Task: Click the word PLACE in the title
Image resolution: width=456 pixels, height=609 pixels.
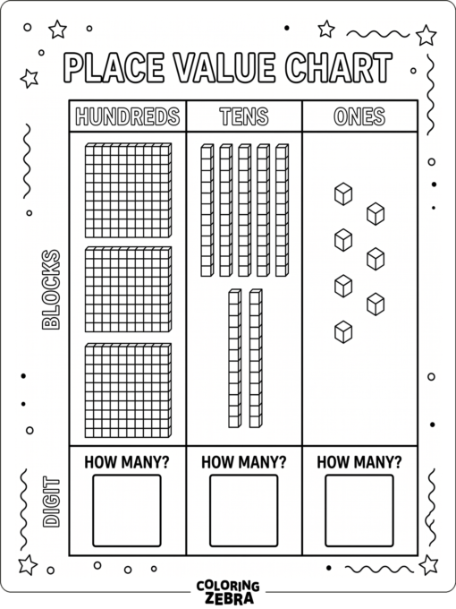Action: click(114, 67)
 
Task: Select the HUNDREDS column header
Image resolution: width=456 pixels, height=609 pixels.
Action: click(128, 116)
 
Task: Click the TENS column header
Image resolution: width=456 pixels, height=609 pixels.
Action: click(244, 116)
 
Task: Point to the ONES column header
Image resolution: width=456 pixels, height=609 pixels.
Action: click(359, 116)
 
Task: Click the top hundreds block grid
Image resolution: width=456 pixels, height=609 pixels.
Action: click(128, 190)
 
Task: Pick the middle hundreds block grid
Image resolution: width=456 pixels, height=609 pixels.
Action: click(128, 289)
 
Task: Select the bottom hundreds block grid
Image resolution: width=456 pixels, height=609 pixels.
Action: click(128, 390)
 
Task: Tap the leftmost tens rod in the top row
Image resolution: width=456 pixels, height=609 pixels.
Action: click(207, 210)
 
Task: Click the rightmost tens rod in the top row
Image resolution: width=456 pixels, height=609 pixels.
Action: click(282, 210)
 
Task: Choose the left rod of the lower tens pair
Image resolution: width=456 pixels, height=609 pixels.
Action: click(234, 358)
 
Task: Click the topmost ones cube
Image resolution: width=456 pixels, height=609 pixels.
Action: click(343, 193)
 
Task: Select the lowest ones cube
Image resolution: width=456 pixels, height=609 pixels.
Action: click(343, 332)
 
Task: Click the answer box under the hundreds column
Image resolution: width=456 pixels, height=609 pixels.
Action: click(127, 510)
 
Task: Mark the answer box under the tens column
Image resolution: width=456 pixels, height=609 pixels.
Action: click(244, 510)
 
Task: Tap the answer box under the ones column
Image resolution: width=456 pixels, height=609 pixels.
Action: click(359, 510)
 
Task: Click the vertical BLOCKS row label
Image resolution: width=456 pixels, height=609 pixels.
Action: click(51, 290)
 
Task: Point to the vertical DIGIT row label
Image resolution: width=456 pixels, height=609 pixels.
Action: click(51, 502)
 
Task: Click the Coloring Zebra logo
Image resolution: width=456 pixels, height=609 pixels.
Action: click(228, 592)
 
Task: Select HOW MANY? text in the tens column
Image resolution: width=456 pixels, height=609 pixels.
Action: click(243, 462)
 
